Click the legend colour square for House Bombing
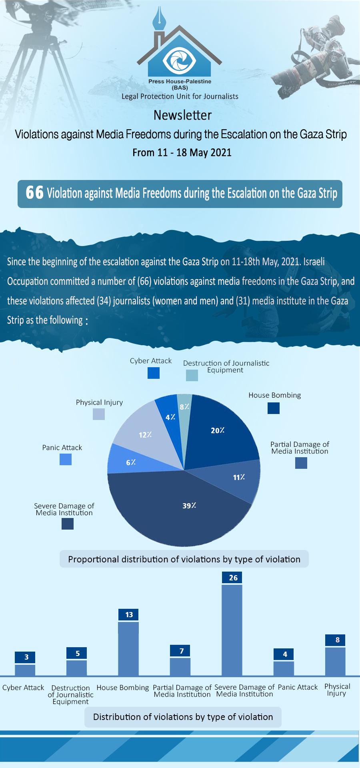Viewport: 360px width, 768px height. (274, 408)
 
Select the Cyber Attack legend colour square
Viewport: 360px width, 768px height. (154, 373)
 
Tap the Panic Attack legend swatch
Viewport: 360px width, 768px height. (66, 459)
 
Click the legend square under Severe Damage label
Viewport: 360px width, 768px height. (68, 524)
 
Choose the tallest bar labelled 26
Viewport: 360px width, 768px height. (232, 630)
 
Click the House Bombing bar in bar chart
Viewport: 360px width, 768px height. (128, 648)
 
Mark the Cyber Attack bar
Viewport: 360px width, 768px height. (25, 670)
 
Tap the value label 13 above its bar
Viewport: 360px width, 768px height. (129, 614)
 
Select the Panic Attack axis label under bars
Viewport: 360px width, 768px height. (298, 687)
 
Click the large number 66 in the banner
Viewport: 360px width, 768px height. (34, 192)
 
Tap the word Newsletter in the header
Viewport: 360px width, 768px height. (182, 115)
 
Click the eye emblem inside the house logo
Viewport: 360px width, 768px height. (180, 60)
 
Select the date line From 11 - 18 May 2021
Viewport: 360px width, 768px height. (182, 153)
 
